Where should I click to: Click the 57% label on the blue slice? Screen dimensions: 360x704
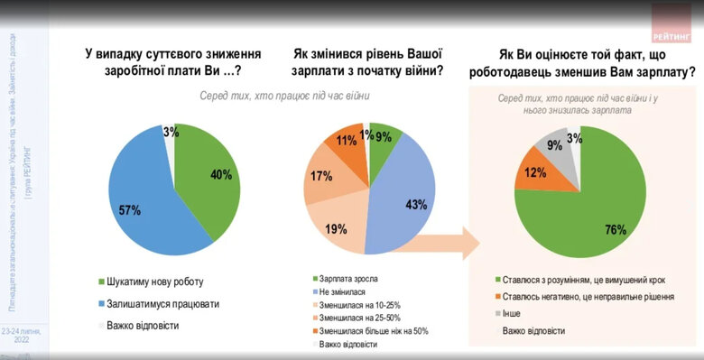[x=129, y=209]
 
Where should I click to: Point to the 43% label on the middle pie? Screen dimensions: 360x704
[x=415, y=205]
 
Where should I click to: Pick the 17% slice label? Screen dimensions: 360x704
[x=320, y=177]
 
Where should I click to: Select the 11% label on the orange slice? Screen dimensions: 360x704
[x=346, y=142]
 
